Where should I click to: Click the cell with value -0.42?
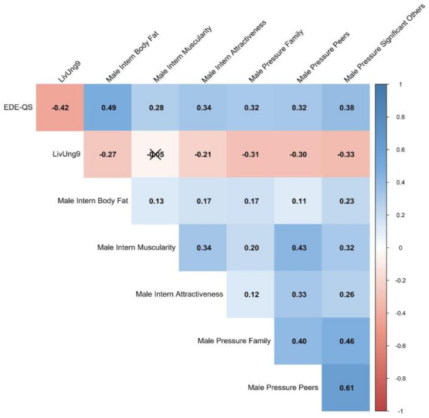point(59,107)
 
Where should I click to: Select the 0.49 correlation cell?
point(107,107)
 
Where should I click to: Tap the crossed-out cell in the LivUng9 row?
point(155,154)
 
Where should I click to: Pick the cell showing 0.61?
point(345,387)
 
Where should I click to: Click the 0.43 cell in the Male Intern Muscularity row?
point(297,247)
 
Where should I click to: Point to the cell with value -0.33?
point(345,154)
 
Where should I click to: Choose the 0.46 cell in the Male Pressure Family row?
point(345,341)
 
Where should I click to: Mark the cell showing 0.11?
point(297,201)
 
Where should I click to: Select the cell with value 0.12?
point(250,294)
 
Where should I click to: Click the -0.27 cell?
point(107,154)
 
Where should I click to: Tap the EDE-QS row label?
point(18,107)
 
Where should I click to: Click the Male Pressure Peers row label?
point(283,387)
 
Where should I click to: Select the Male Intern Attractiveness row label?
point(179,294)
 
